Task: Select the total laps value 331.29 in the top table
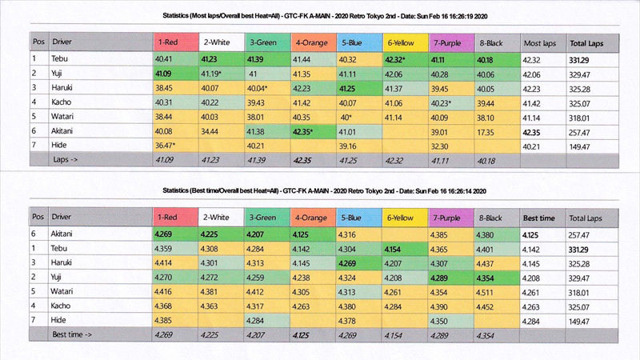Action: (584, 58)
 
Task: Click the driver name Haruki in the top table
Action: (63, 88)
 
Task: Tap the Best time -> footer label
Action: (75, 337)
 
